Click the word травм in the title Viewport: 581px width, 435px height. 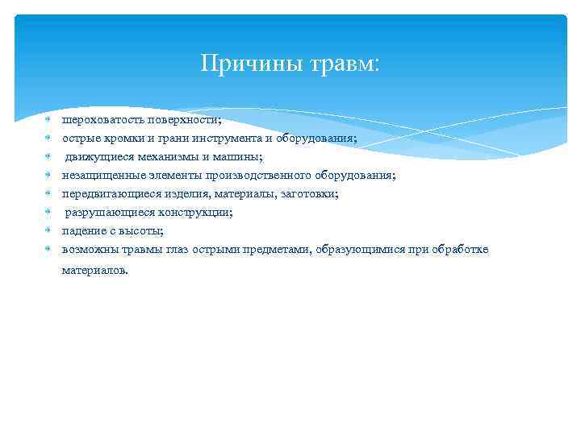click(x=341, y=63)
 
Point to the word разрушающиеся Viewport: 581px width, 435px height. click(x=101, y=213)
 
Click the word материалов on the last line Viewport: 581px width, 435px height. click(x=94, y=271)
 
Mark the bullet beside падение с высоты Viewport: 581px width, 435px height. click(x=48, y=231)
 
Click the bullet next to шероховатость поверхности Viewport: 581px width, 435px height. click(x=48, y=120)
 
